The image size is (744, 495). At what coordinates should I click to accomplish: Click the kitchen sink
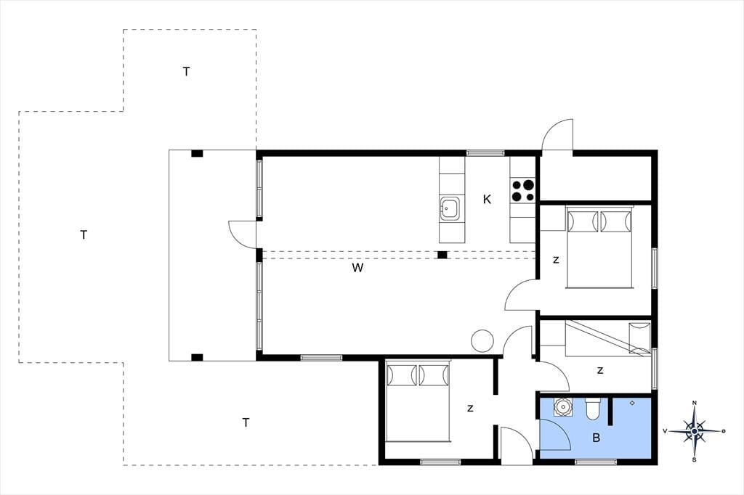tap(449, 208)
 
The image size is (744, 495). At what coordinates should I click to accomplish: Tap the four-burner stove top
tap(523, 190)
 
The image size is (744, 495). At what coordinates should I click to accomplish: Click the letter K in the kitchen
tap(487, 200)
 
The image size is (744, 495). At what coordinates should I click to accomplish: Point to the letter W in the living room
tap(357, 268)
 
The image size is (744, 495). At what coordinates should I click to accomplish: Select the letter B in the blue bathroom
tap(596, 438)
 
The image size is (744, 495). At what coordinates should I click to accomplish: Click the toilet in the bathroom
tap(593, 409)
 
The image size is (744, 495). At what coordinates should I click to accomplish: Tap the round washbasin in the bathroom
tap(563, 407)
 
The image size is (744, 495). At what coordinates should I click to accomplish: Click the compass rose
tap(694, 431)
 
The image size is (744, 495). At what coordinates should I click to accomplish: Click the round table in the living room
tap(482, 341)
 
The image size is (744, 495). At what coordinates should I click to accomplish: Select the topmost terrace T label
tap(187, 72)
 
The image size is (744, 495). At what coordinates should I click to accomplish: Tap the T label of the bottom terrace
tap(246, 422)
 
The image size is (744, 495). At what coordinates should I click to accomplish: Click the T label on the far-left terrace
tap(84, 234)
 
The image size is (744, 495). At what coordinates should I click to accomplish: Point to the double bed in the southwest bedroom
tap(418, 401)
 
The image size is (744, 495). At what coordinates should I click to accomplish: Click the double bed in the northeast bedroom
tap(599, 247)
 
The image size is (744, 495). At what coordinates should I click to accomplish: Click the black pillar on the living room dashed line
tap(442, 255)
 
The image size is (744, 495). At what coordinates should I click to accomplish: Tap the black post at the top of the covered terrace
tap(197, 154)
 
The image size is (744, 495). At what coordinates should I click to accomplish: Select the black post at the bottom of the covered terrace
tap(197, 358)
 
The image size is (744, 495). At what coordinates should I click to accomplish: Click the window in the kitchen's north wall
tap(485, 152)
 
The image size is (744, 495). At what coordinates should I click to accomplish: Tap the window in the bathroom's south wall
tap(596, 462)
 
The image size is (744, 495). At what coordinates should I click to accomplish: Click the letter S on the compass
tap(694, 460)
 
